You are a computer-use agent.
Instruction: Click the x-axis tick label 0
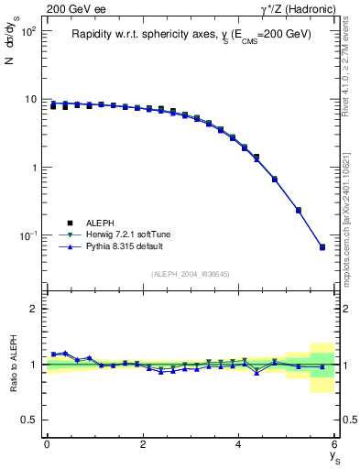coord(47,445)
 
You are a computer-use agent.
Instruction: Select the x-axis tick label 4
coord(239,445)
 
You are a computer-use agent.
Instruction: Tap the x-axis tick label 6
coord(335,445)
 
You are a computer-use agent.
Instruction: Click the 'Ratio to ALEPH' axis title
coord(12,364)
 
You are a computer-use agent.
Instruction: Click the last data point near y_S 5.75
coord(322,247)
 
